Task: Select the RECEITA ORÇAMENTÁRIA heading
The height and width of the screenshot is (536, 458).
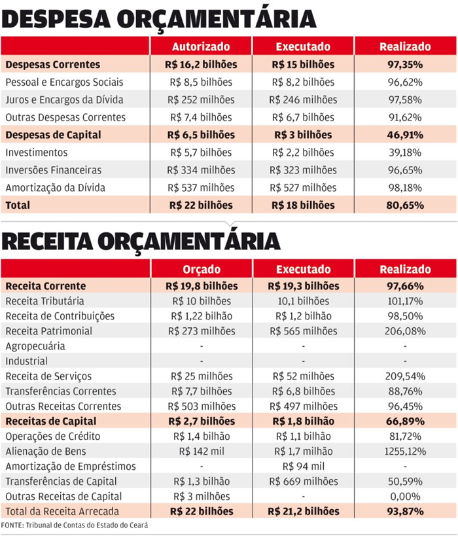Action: pyautogui.click(x=141, y=240)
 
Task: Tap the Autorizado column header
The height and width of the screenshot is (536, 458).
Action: pyautogui.click(x=201, y=46)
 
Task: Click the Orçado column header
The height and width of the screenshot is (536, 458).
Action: pyautogui.click(x=201, y=269)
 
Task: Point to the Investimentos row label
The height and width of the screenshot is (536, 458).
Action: pyautogui.click(x=36, y=152)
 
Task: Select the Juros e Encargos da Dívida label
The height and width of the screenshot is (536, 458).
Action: pyautogui.click(x=64, y=99)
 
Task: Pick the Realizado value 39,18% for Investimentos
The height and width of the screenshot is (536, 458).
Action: pyautogui.click(x=405, y=152)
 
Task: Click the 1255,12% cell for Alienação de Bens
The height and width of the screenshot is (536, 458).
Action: pyautogui.click(x=405, y=452)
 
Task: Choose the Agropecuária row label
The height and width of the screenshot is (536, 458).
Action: pyautogui.click(x=35, y=346)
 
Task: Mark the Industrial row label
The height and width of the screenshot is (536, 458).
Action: pyautogui.click(x=27, y=361)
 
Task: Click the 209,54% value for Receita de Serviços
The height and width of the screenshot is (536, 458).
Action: pyautogui.click(x=405, y=376)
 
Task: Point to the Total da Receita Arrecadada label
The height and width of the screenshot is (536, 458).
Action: pyautogui.click(x=62, y=511)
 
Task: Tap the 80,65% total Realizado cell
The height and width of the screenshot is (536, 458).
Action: pyautogui.click(x=405, y=205)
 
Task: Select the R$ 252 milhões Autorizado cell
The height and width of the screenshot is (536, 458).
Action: pyautogui.click(x=201, y=99)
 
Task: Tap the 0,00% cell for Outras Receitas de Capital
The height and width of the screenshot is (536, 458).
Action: pyautogui.click(x=405, y=496)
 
